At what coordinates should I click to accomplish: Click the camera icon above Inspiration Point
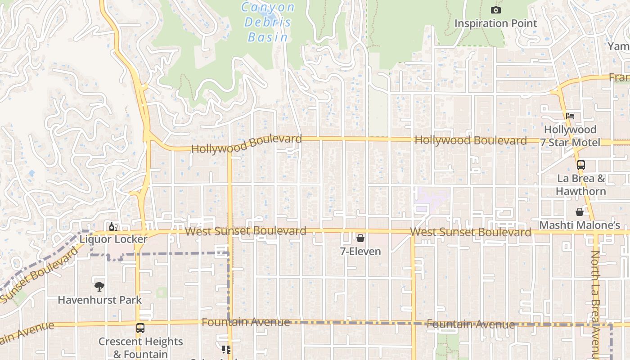pos(495,10)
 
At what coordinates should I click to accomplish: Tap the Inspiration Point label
pos(495,23)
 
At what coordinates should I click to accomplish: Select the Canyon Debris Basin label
pos(268,22)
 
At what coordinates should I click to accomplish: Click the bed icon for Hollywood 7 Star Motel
pos(570,116)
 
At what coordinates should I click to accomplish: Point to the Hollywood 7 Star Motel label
pos(570,136)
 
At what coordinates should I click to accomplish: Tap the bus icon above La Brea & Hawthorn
pos(581,165)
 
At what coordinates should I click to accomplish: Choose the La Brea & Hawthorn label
pos(581,184)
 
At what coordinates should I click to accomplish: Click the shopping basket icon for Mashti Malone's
pos(580,211)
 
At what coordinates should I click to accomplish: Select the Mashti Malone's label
pos(580,225)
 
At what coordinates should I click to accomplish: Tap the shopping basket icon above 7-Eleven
pos(360,238)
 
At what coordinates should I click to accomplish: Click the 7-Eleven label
pos(360,252)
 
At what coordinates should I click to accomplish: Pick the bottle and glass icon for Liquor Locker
pos(113,226)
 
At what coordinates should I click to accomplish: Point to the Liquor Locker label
pos(113,239)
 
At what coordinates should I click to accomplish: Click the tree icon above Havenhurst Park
pos(99,286)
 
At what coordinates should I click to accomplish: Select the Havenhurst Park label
pos(99,300)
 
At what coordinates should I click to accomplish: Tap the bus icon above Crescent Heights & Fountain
pos(140,328)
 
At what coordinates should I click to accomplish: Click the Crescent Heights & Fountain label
pos(140,348)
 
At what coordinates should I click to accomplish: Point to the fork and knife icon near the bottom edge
pos(226,350)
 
